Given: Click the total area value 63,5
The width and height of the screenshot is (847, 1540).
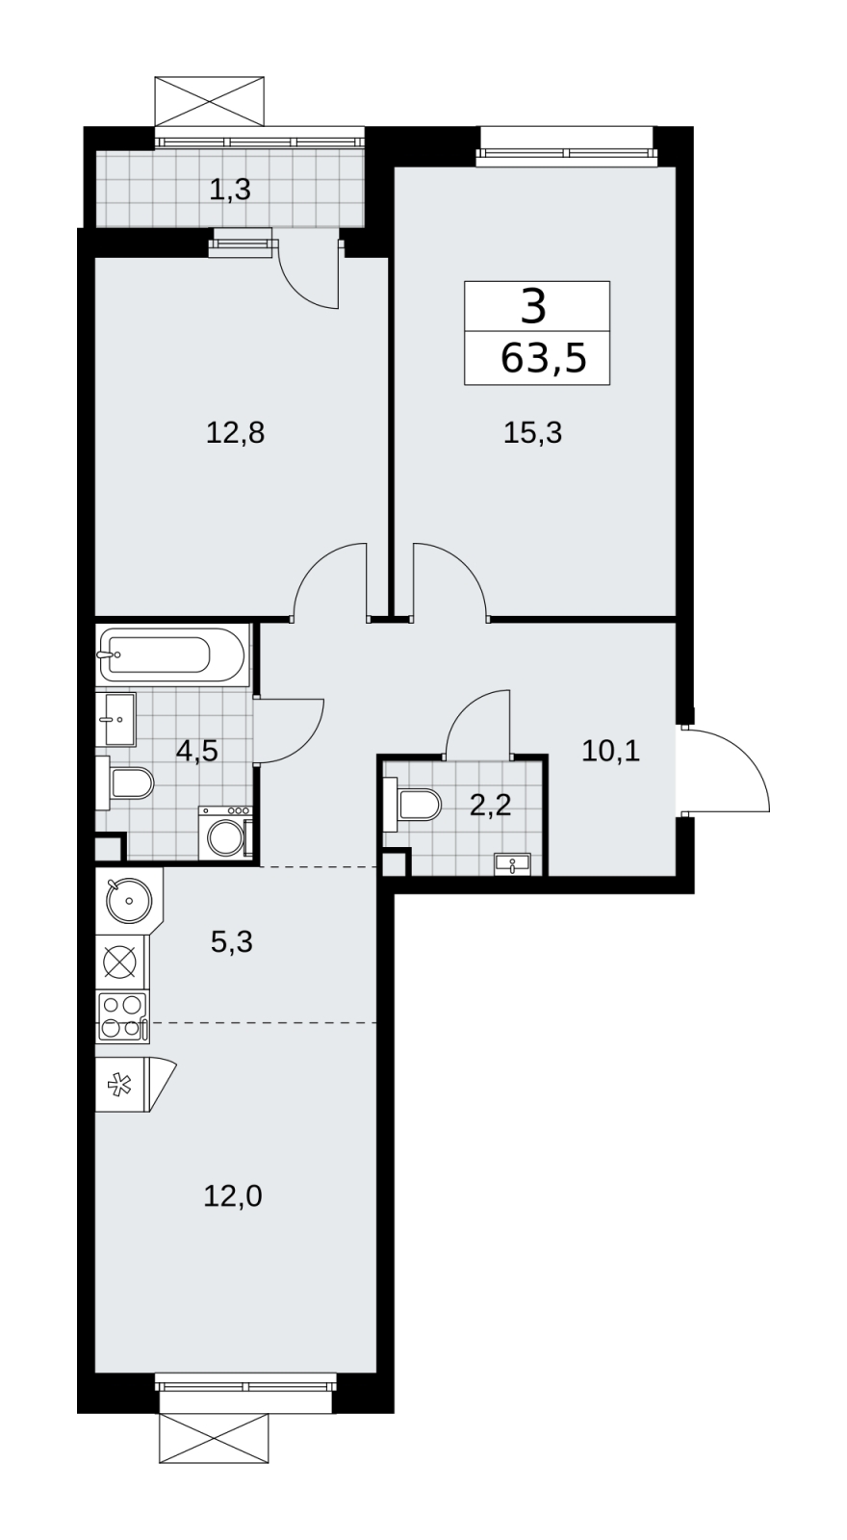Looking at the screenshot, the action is pos(543,358).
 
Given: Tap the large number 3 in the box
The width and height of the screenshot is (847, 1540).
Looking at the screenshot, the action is pos(534,306).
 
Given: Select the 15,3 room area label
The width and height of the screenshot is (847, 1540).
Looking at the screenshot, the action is pos(533,433).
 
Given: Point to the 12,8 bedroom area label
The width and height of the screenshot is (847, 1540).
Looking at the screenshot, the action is pos(235,433).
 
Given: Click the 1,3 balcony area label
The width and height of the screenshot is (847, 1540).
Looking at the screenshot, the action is pos(230,189).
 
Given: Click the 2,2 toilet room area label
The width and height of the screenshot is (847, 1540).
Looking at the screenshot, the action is pos(490,804).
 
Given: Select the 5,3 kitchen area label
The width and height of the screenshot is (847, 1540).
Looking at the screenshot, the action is pos(232,942).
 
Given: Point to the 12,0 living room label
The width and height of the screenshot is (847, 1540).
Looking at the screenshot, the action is pos(232,1197).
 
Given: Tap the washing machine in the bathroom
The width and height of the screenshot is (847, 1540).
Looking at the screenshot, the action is pos(225,833).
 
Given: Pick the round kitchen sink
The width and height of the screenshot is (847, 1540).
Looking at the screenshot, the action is pos(129,900).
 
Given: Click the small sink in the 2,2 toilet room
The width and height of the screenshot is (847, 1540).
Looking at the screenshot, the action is pos(512,864).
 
